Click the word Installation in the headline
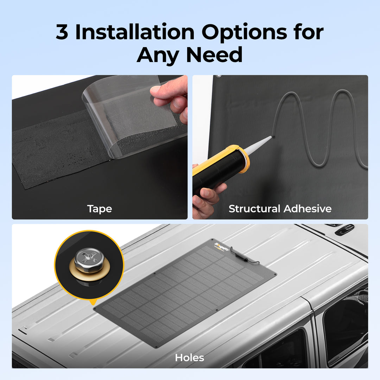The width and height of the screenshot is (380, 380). coord(135,32)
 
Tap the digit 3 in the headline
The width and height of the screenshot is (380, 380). coord(62,32)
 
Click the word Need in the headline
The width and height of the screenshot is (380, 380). coord(214,55)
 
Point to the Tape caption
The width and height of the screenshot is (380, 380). coord(100,209)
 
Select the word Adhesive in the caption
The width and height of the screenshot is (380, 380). coord(308,209)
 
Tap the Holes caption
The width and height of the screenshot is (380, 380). coord(190,358)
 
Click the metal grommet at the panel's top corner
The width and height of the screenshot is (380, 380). coord(219,76)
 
